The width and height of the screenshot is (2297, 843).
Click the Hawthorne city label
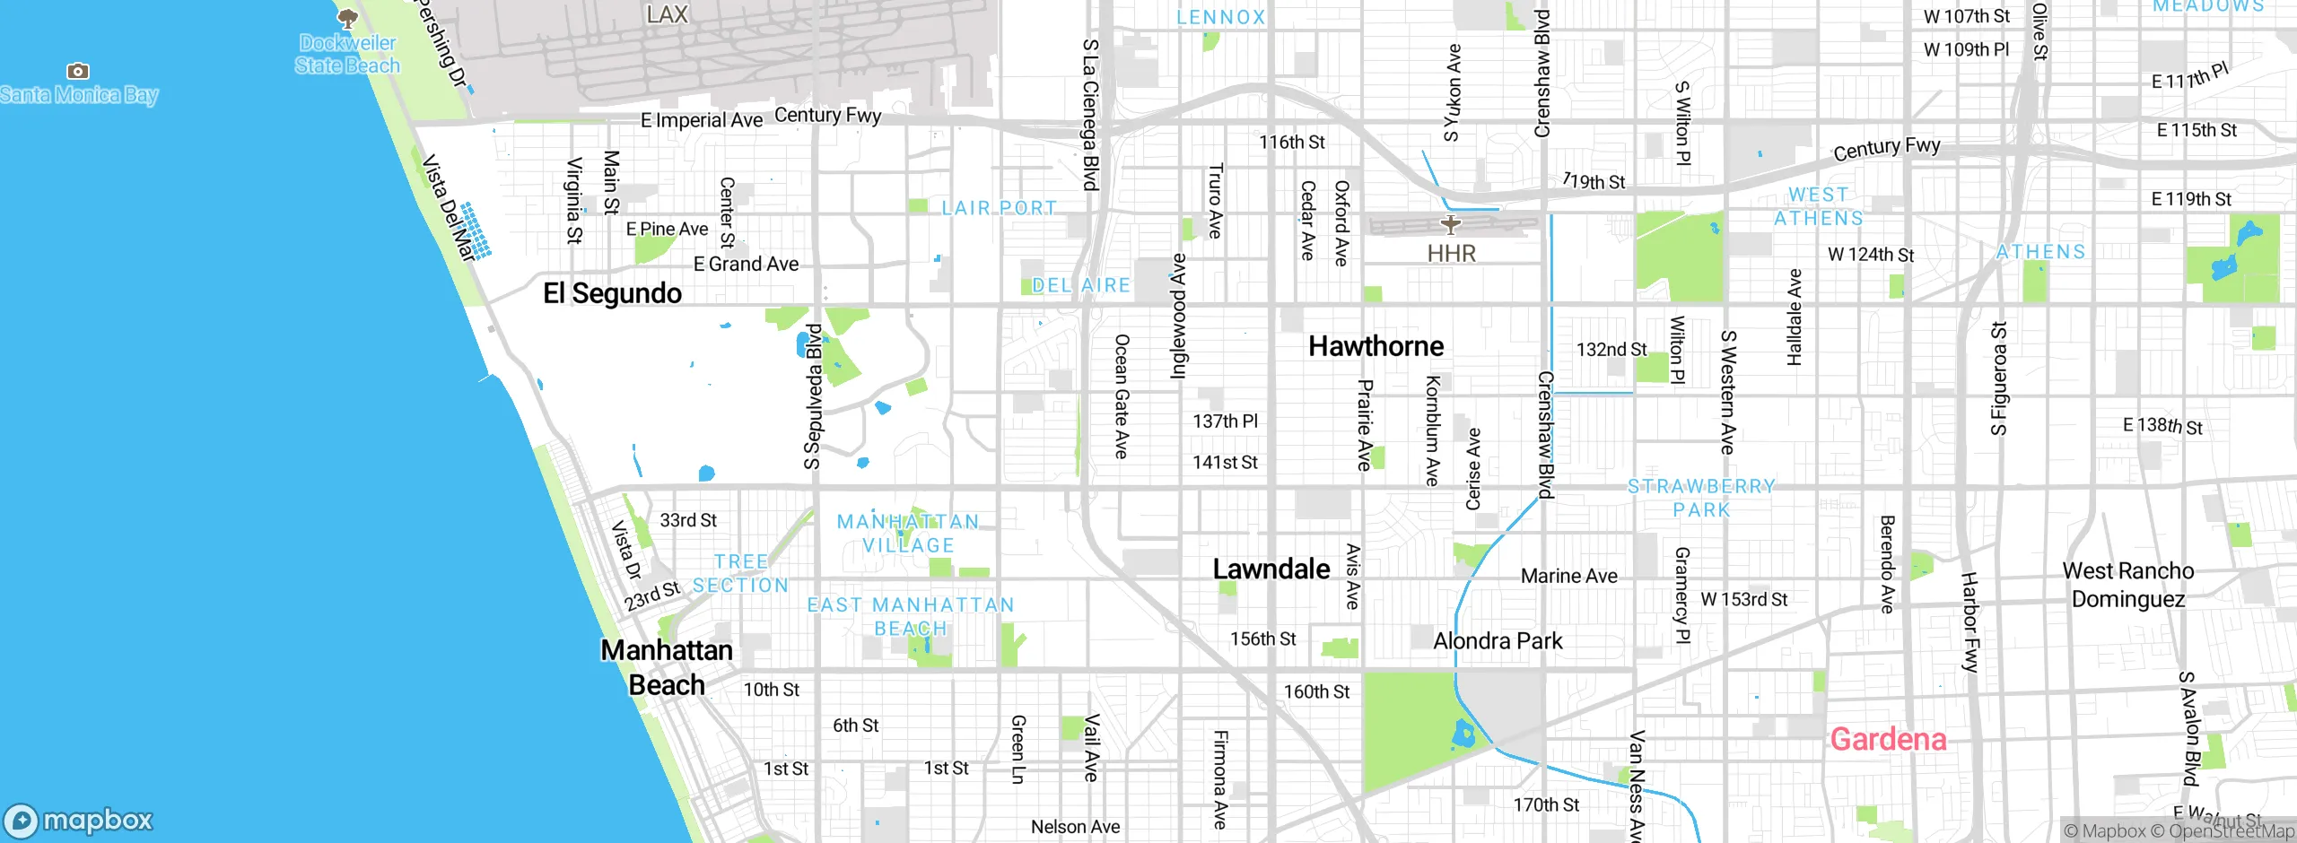click(x=1376, y=346)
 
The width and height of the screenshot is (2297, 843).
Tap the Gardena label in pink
click(x=1888, y=739)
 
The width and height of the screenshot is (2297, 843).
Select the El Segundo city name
click(x=612, y=293)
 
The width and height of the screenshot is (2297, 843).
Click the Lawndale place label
click(x=1271, y=569)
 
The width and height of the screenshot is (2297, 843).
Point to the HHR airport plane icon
click(x=1451, y=224)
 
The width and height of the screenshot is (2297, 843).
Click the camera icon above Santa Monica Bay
click(x=78, y=71)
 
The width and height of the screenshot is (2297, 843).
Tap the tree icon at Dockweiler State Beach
click(x=347, y=17)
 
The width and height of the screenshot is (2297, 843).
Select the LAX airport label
click(x=667, y=14)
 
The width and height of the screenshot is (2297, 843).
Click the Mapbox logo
click(x=79, y=820)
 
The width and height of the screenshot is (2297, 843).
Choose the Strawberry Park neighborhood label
click(x=1701, y=498)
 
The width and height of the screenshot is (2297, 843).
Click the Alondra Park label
click(x=1498, y=641)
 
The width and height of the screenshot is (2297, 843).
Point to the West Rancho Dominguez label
click(x=2127, y=585)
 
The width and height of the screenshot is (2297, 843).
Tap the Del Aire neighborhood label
click(x=1080, y=285)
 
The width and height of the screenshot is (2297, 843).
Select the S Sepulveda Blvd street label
click(x=813, y=396)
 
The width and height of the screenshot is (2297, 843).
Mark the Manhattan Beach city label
click(x=666, y=667)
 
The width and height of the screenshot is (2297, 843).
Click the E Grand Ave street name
click(x=746, y=264)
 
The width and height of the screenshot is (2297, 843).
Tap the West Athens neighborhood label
click(x=1818, y=206)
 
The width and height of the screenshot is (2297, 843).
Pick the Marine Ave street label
click(x=1568, y=576)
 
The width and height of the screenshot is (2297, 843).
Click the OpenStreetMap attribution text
click(x=2231, y=831)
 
